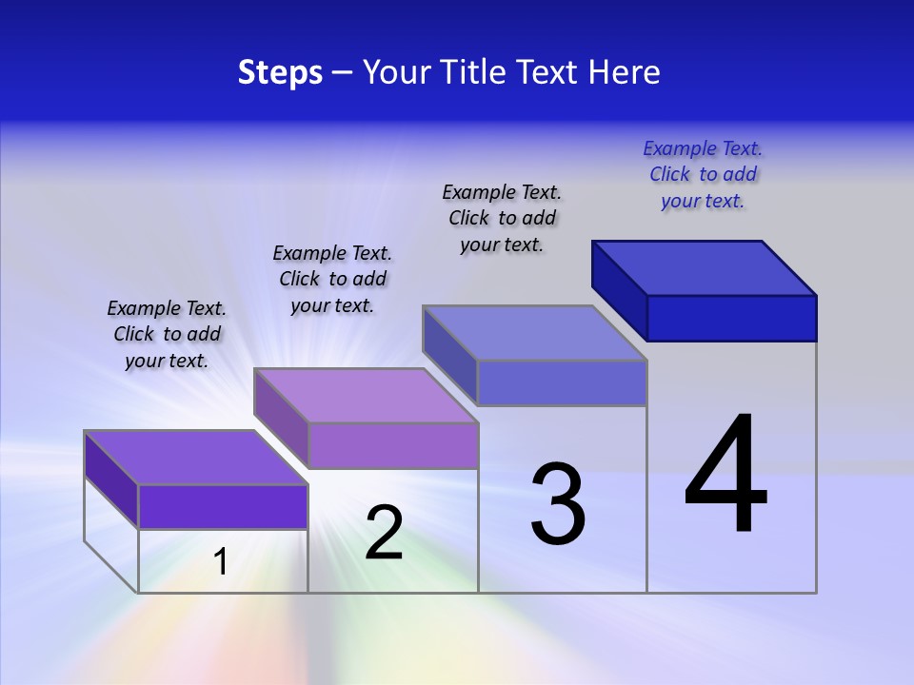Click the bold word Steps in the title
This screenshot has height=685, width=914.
tap(280, 72)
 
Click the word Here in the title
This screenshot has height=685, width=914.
tap(624, 72)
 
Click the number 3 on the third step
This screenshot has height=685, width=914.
tap(558, 504)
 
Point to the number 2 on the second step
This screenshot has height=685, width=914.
tap(384, 533)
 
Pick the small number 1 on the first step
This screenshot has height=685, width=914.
tap(221, 561)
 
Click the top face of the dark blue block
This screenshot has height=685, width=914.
tap(705, 267)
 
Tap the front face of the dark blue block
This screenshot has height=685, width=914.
tap(731, 318)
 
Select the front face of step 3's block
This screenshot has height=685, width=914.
tap(562, 383)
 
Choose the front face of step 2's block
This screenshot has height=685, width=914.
tap(392, 446)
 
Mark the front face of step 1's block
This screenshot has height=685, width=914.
tap(223, 507)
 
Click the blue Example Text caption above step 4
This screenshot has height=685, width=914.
tap(703, 174)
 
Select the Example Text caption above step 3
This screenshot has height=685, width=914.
tap(502, 218)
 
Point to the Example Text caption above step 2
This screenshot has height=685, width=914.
tap(332, 279)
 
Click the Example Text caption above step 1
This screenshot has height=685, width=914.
tap(167, 334)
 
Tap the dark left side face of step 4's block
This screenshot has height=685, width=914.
tap(620, 284)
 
